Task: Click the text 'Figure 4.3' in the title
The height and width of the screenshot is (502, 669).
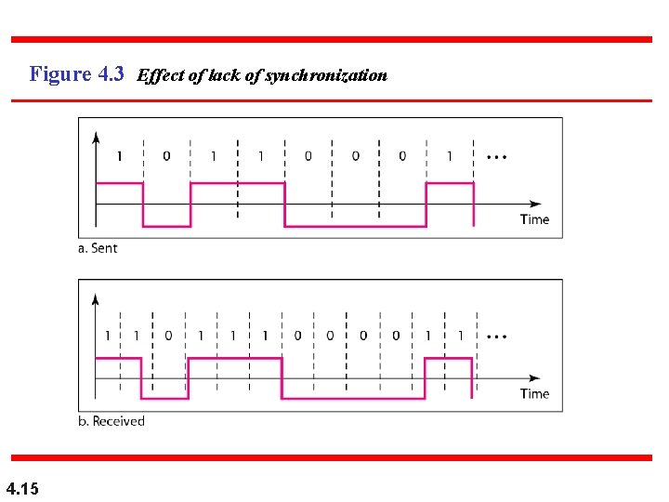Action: coord(76,74)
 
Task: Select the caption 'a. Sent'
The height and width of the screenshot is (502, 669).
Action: coord(98,248)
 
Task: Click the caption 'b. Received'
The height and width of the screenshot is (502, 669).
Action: coord(111,421)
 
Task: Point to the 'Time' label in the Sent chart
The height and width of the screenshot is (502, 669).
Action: coord(534,219)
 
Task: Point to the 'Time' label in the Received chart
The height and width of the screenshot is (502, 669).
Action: coord(534,393)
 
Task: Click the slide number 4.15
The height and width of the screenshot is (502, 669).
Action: coord(21,487)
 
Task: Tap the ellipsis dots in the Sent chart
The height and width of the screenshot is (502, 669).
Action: coord(496,156)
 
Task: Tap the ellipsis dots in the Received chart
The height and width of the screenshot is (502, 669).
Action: coord(496,335)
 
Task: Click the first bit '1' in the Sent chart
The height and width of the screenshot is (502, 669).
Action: coord(119,156)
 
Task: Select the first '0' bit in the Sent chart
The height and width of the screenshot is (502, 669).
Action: coord(166,156)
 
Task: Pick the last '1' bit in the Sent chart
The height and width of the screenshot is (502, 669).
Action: coord(450,156)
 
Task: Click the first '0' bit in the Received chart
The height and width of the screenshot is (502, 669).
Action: coord(168,335)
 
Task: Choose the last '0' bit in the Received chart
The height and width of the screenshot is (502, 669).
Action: coord(396,335)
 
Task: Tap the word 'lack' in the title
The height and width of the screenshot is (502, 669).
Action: coord(223,76)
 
